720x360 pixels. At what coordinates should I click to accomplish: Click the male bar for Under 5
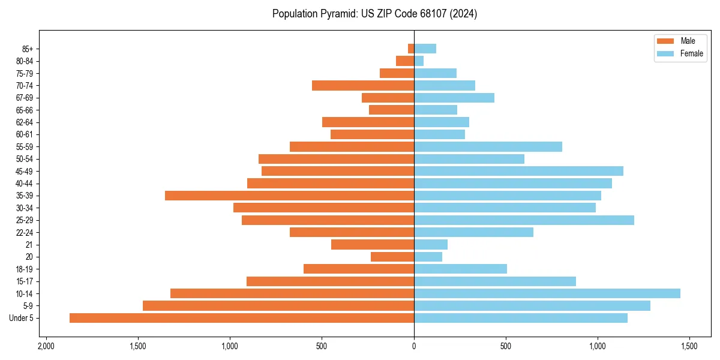242,318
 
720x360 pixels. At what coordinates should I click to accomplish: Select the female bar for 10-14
547,293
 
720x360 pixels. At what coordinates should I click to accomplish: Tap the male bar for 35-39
289,196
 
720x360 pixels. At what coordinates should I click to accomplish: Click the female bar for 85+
425,49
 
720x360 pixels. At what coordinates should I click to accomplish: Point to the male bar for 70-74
363,85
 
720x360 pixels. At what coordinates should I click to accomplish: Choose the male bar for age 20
392,257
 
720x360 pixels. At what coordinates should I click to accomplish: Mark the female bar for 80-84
419,61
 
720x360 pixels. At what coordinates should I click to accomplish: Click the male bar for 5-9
278,306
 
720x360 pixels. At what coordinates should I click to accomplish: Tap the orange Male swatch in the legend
665,41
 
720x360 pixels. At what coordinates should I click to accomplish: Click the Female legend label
691,53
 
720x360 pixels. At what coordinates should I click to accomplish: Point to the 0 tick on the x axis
414,346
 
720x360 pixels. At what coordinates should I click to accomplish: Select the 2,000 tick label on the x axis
46,346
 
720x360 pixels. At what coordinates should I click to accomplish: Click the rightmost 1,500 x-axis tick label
689,346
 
